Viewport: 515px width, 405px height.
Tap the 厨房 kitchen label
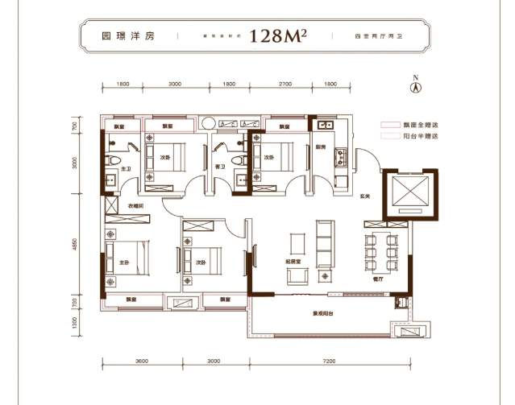321,147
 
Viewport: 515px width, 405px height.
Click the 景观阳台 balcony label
325,315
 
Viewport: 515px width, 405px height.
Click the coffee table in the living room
297,243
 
